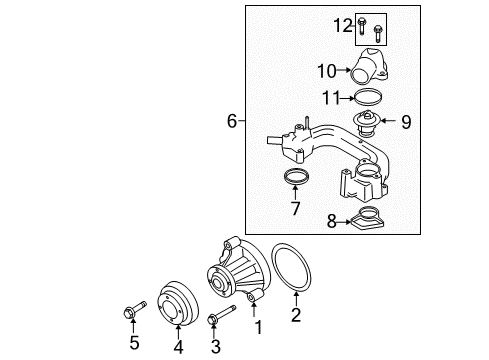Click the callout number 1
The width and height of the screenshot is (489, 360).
point(258,328)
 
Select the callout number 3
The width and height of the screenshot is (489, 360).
point(215,346)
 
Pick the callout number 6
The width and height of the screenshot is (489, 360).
point(232,122)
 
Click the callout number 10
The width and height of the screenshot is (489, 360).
point(325,71)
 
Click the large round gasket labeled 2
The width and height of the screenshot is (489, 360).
point(296,269)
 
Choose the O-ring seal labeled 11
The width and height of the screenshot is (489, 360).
point(369,98)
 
